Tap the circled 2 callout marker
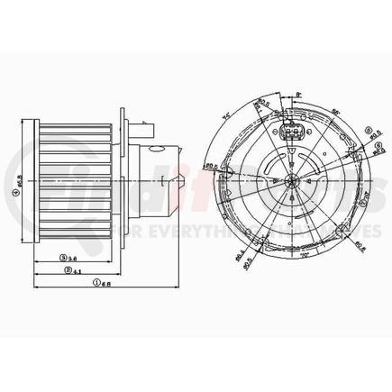67,270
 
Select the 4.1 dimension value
78,270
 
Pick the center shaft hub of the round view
294,179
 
